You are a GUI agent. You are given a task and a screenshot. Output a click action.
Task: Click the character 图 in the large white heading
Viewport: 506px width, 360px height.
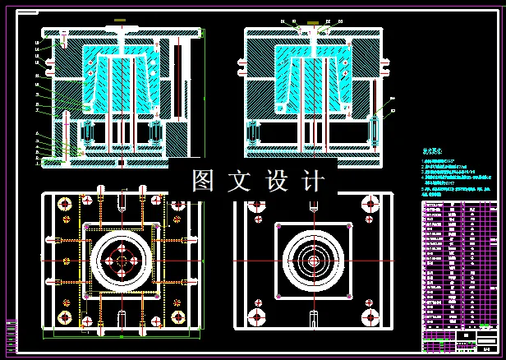tap(202, 181)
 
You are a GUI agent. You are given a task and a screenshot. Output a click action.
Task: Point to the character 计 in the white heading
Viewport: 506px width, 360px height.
tap(314, 181)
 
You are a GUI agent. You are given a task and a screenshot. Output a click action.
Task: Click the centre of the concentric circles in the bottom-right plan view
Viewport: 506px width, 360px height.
tap(312, 261)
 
